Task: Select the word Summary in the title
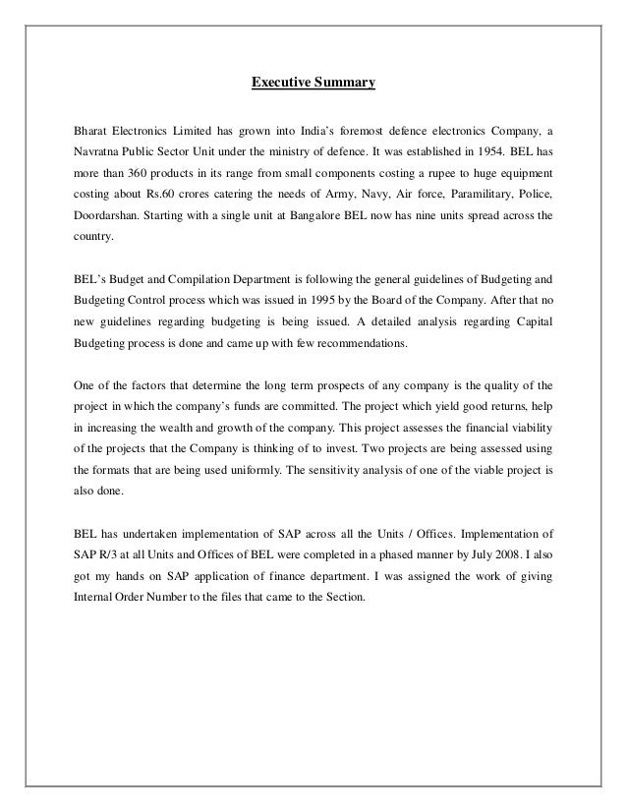coord(343,86)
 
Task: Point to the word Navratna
coord(85,154)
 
